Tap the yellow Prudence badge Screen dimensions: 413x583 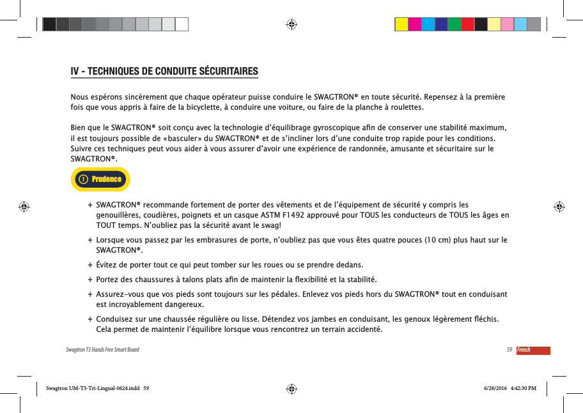[x=101, y=179]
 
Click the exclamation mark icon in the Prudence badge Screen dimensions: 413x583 [x=82, y=179]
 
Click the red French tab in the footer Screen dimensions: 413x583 [x=532, y=350]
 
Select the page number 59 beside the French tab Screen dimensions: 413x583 [x=509, y=350]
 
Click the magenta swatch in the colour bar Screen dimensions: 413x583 [x=414, y=24]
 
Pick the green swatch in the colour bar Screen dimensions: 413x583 [x=455, y=24]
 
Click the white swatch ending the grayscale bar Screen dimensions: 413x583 [x=182, y=24]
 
